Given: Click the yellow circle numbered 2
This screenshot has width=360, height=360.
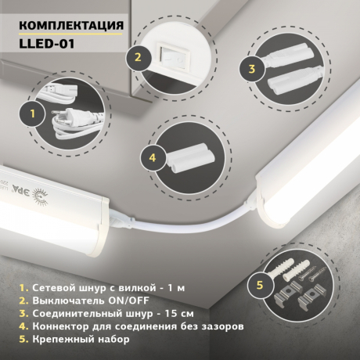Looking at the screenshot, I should pyautogui.click(x=137, y=56).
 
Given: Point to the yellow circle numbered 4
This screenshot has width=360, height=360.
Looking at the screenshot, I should pyautogui.click(x=153, y=157).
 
